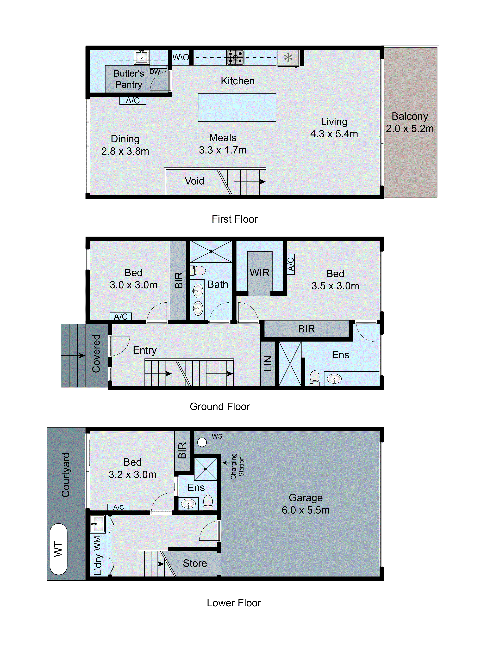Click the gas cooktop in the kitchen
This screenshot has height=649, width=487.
tap(235, 57)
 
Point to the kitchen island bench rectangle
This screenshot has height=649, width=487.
tap(237, 107)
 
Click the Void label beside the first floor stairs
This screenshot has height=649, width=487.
tap(194, 181)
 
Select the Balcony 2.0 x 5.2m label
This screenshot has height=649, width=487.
tap(410, 122)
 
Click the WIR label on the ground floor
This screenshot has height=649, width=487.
tap(260, 273)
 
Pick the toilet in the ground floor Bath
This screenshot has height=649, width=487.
tap(199, 270)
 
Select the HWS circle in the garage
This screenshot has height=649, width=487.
tap(202, 442)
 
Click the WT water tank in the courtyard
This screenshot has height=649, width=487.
tap(58, 549)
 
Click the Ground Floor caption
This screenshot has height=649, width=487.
tap(220, 406)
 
